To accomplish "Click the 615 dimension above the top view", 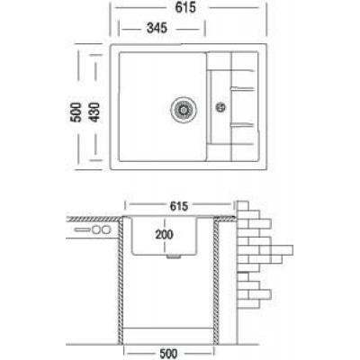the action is [185, 7].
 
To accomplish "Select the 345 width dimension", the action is [157, 28].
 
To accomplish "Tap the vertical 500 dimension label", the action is [76, 112].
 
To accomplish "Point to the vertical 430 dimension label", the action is [94, 112].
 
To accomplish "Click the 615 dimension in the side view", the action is [179, 206].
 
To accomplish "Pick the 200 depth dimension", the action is [164, 234].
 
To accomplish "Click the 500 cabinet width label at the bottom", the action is [168, 354].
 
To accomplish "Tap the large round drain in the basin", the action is [184, 109].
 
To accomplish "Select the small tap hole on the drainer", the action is [220, 107].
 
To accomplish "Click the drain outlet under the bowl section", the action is [174, 256].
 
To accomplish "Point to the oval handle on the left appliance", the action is [82, 230].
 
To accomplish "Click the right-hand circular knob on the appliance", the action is [106, 230].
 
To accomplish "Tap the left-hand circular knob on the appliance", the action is [96, 230].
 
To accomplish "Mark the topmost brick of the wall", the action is [243, 206].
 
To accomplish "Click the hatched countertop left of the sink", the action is [94, 219].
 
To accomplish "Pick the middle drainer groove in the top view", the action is [242, 88].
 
